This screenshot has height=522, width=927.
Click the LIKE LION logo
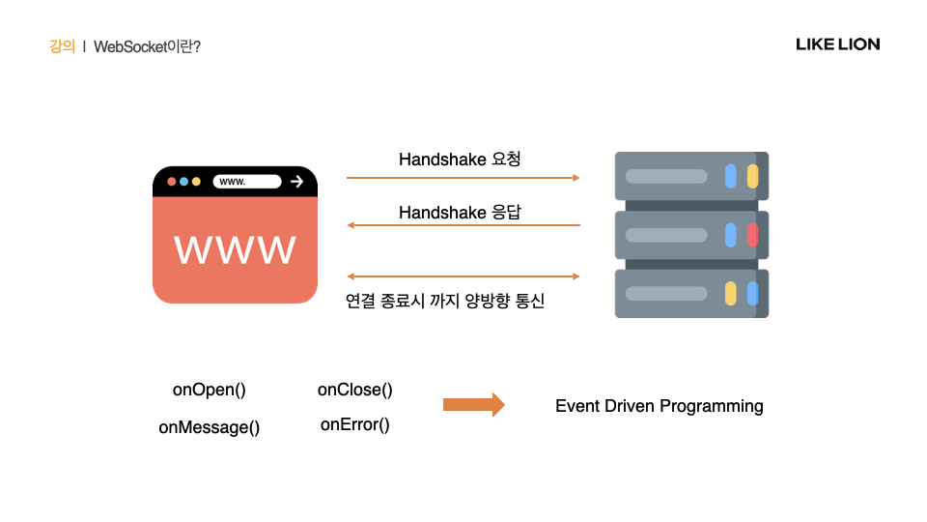[x=837, y=44]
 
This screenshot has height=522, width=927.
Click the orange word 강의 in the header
[x=62, y=46]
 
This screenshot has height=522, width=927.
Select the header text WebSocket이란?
[x=147, y=46]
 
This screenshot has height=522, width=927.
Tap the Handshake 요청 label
[x=460, y=159]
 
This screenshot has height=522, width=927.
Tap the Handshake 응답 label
[x=460, y=212]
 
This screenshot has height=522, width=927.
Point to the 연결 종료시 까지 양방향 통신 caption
[x=445, y=301]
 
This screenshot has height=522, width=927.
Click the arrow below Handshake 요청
[x=463, y=178]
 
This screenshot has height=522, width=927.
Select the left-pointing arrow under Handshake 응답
[x=463, y=225]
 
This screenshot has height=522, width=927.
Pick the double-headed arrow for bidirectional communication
[x=463, y=276]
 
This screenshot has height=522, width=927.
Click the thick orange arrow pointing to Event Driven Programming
[x=473, y=404]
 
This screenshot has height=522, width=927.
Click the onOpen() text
[x=210, y=390]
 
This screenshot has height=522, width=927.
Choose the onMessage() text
[x=210, y=427]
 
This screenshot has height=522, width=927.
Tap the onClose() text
[x=355, y=390]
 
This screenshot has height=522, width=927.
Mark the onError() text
[x=355, y=424]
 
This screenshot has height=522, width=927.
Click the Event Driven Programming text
[x=660, y=406]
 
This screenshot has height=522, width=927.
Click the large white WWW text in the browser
[x=235, y=249]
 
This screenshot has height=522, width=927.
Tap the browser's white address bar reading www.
[x=247, y=182]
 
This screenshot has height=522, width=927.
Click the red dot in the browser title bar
[x=172, y=182]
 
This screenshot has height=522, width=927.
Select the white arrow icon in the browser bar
[x=297, y=182]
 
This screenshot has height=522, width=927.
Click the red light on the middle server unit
[x=752, y=235]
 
